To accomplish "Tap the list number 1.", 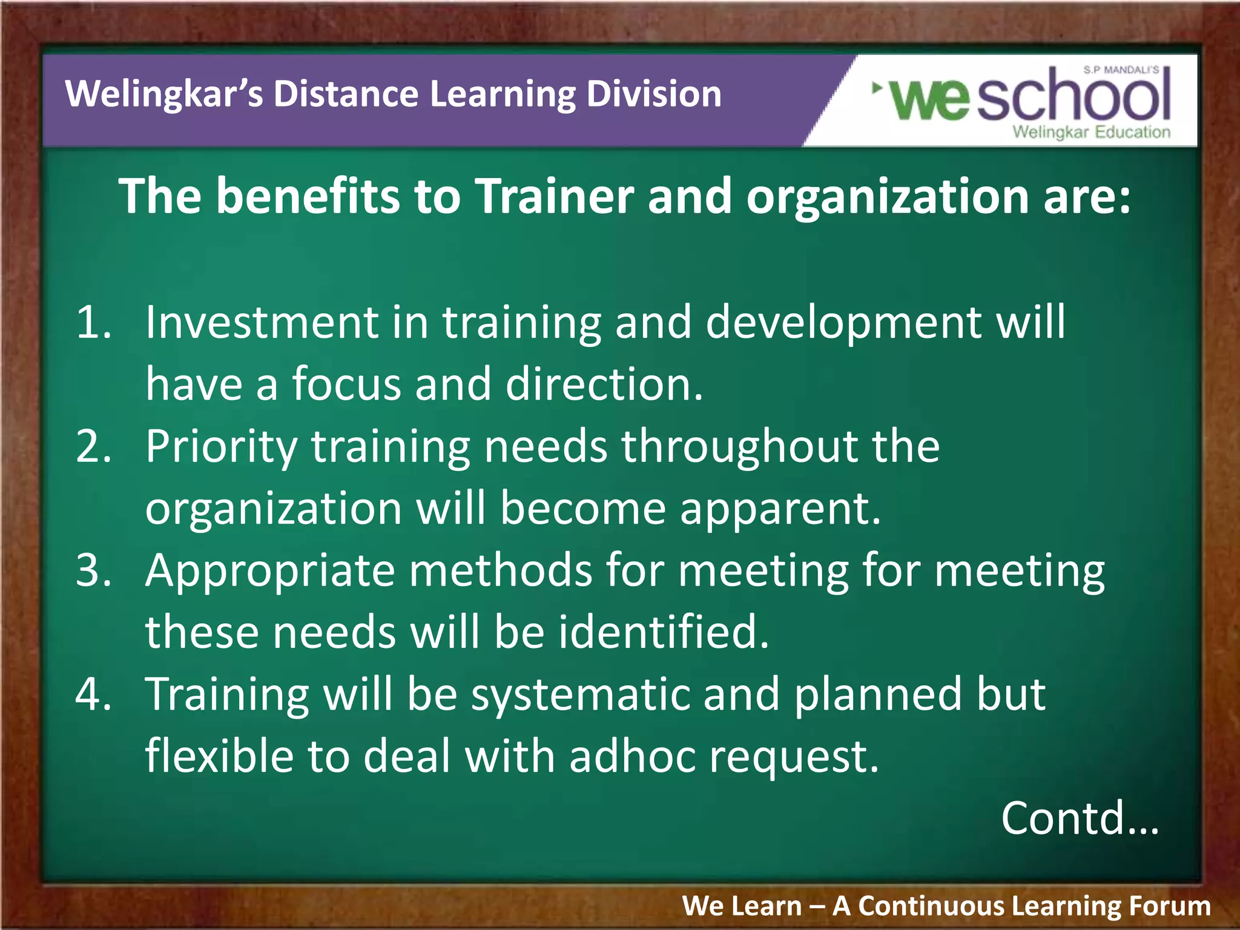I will coord(94,322).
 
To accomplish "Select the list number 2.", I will coord(94,446).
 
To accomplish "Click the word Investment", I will coord(262,322).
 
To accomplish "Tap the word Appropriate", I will coord(270,572).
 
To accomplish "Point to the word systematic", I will coord(580,696).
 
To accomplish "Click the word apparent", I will coord(780,510).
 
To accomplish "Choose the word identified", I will coord(663,632).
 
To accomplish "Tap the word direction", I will coord(604,384).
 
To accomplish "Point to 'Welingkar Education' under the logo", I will coord(1091,132).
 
